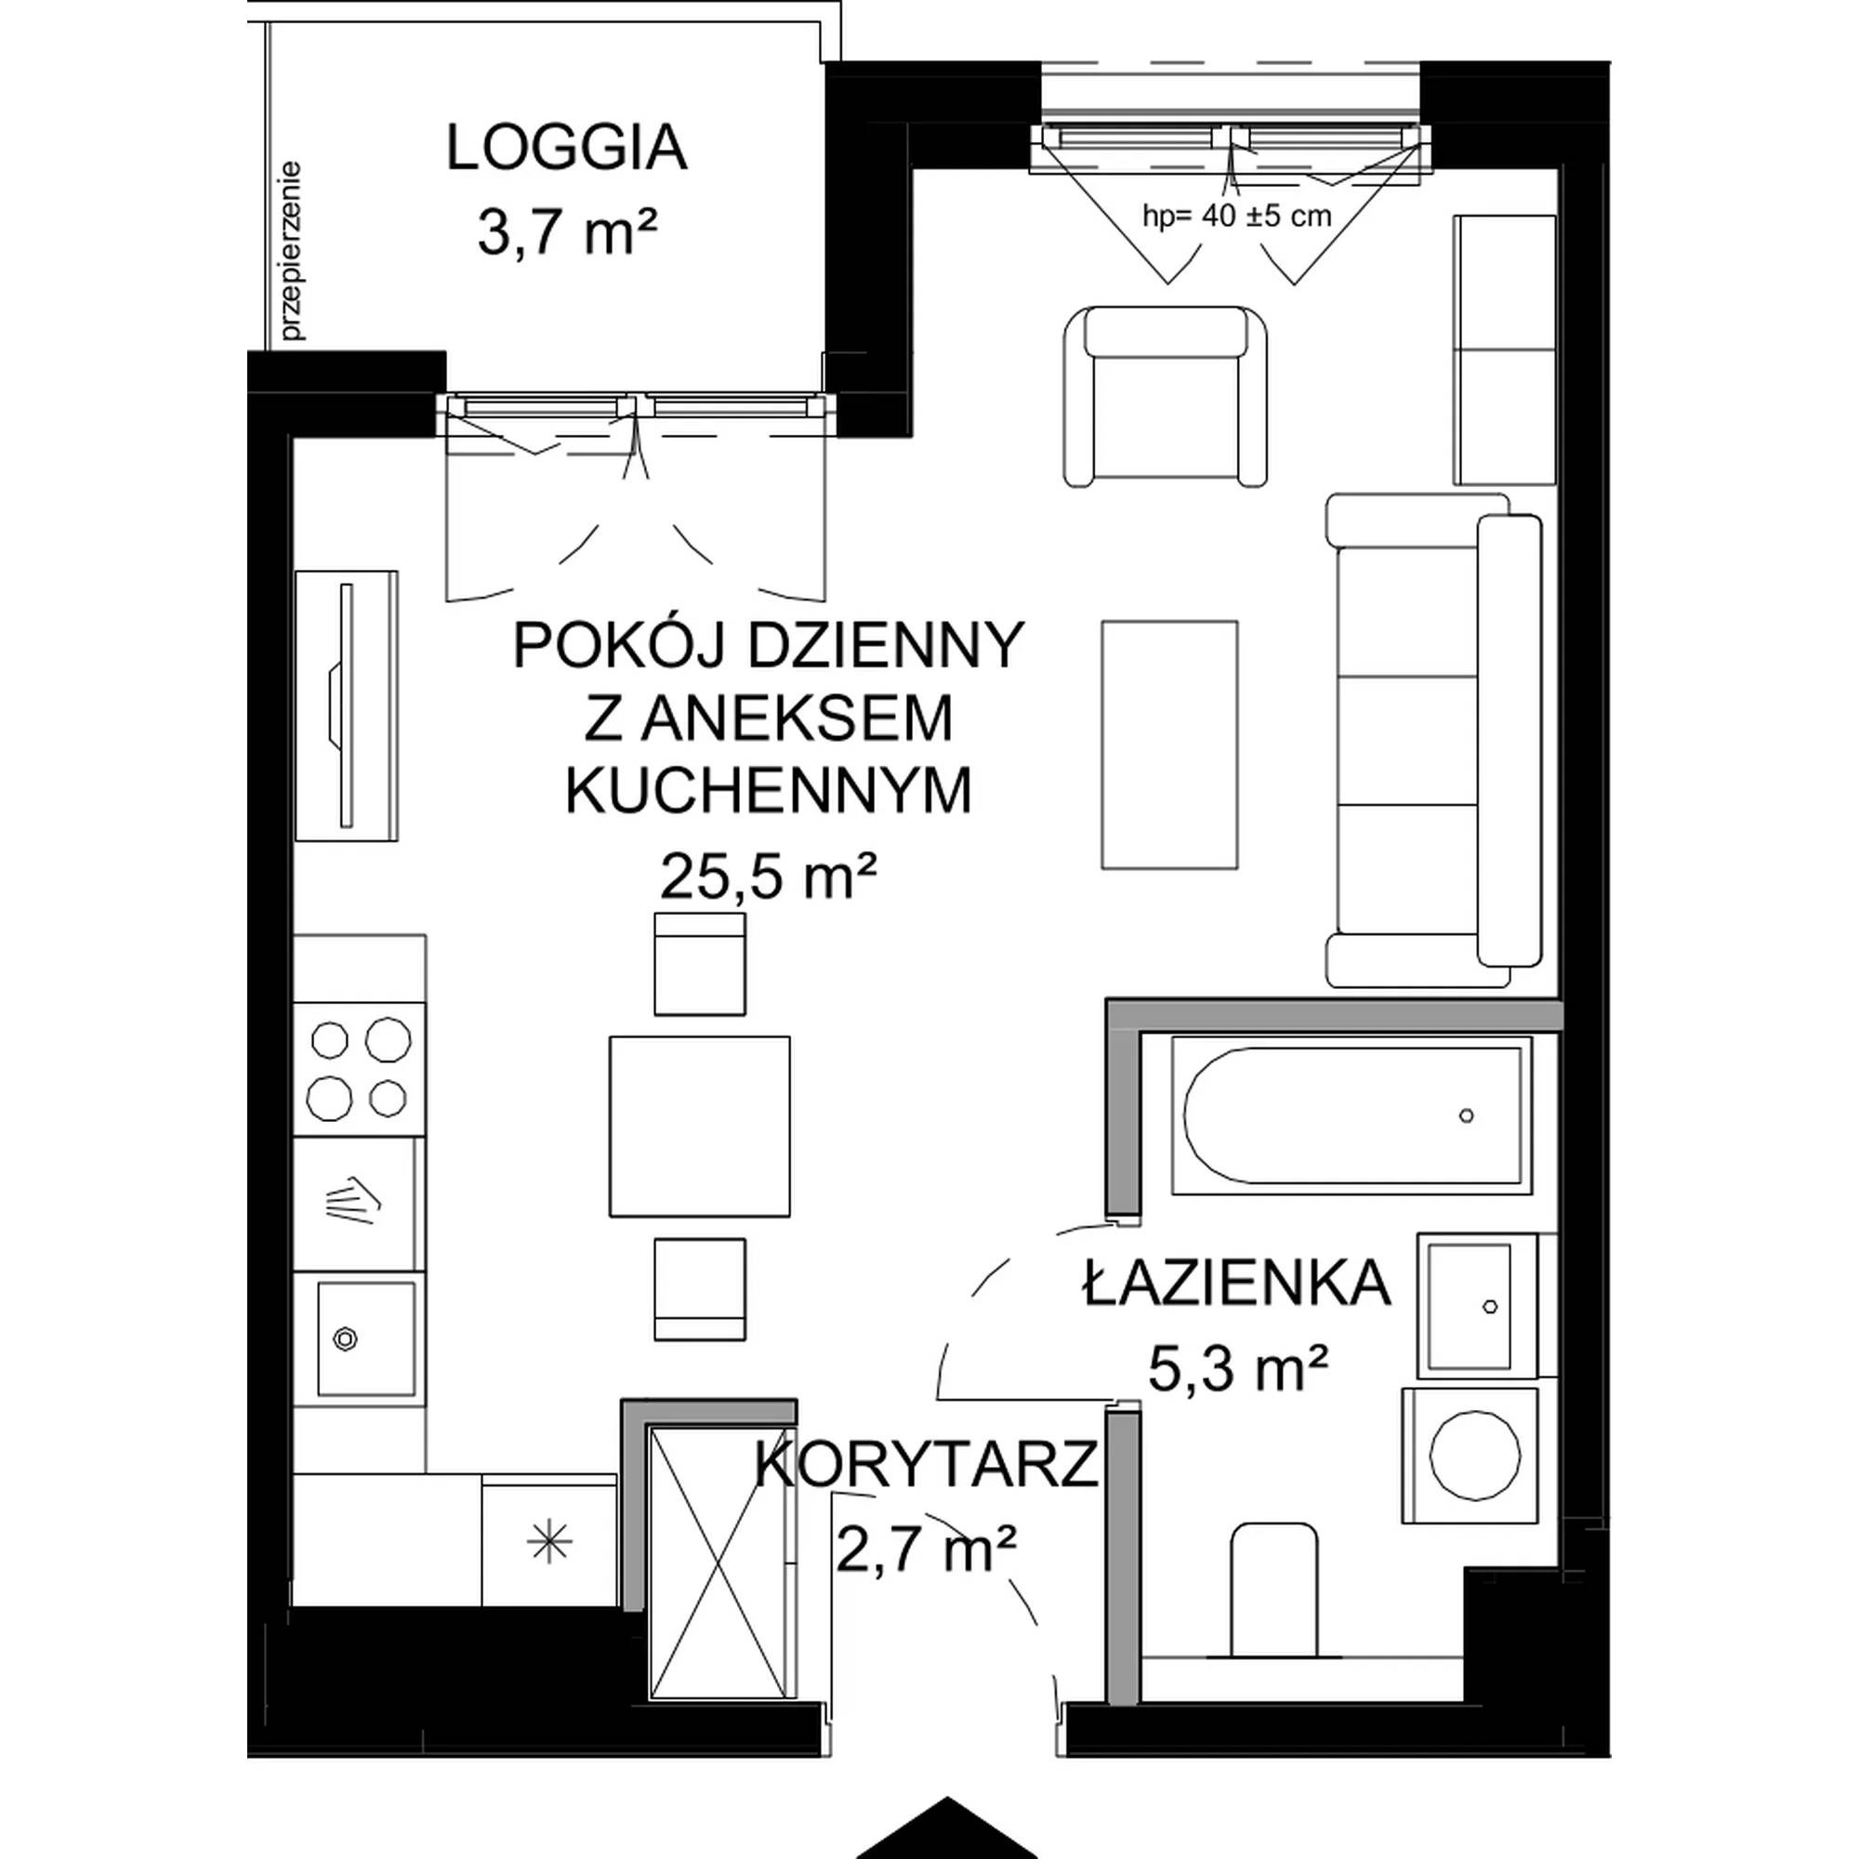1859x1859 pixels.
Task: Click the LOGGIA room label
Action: point(567,149)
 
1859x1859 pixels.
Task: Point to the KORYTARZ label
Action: point(926,1465)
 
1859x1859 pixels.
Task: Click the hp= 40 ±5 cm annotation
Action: point(1236,216)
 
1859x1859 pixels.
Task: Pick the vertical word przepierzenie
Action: point(292,251)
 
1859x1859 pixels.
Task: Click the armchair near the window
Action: point(1166,395)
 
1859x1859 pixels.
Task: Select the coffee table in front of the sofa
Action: point(1169,745)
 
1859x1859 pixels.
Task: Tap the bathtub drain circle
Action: point(1466,1116)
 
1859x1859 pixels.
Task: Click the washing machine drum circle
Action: point(1475,1454)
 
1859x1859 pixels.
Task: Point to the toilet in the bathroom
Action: point(1273,1589)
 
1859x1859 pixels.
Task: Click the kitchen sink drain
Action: point(345,1338)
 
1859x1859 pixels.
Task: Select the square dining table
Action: point(700,1126)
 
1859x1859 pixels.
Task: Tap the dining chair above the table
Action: point(700,963)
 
